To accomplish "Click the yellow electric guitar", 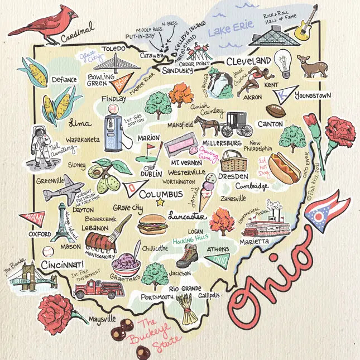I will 305,24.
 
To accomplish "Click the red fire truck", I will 98,288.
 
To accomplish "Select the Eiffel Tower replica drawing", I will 61,221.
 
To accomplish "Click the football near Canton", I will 275,110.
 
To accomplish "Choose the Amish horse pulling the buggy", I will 208,126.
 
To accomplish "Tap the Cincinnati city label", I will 62,263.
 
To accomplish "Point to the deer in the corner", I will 307,65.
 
